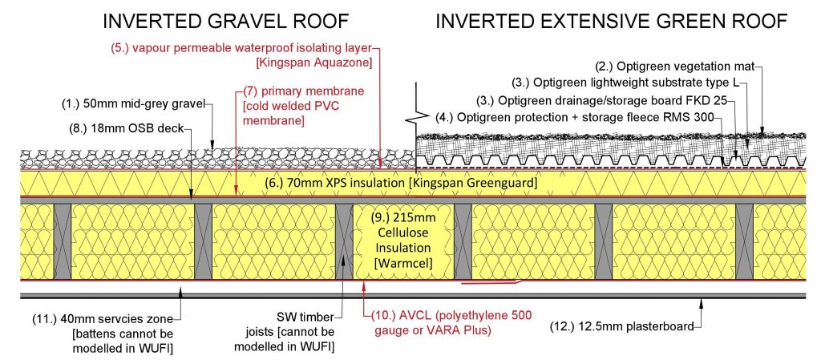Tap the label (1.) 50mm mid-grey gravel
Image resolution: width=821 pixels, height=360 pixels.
134,103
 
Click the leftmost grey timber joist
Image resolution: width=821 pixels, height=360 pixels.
63,240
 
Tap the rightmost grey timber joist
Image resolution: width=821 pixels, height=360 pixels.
744,240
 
